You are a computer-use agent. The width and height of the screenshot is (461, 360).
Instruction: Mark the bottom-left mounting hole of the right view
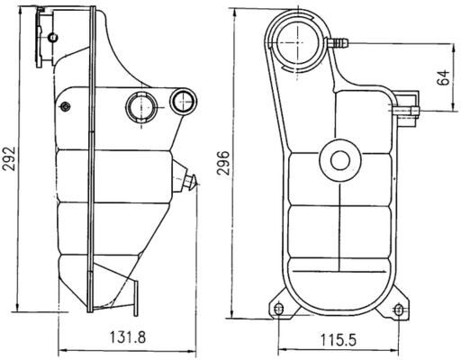277,310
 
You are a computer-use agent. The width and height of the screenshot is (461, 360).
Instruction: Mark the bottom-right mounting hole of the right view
399,310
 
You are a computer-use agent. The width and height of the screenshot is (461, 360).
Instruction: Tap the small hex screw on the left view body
64,107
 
